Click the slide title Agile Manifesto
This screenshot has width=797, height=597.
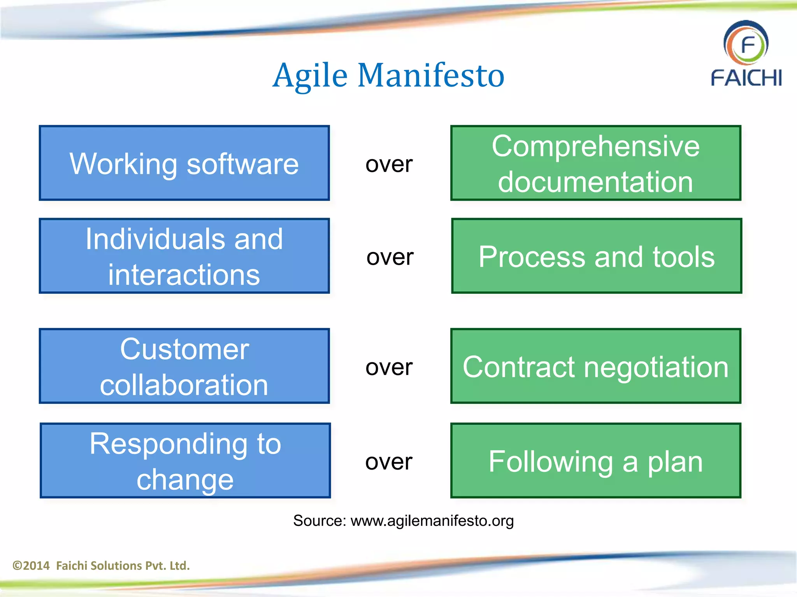tap(388, 75)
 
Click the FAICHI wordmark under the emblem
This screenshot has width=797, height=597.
tap(746, 78)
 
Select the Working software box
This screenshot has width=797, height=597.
tap(184, 163)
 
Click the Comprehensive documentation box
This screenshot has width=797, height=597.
tap(595, 163)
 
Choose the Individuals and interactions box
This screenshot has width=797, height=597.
tap(184, 256)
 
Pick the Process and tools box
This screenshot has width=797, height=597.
tap(597, 256)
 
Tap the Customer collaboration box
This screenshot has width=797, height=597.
tap(184, 366)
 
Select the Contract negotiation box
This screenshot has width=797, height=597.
tap(595, 366)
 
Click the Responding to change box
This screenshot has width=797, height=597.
tap(185, 461)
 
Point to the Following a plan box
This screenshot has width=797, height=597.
tap(595, 461)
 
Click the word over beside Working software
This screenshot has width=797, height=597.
tap(389, 164)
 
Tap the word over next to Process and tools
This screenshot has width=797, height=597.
tap(390, 257)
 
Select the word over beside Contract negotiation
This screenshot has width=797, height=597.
tap(389, 367)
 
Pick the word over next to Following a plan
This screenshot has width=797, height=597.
tap(389, 462)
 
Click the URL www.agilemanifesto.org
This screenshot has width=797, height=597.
tap(432, 521)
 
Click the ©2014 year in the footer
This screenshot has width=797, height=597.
tap(31, 566)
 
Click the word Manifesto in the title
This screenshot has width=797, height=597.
tap(431, 75)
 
